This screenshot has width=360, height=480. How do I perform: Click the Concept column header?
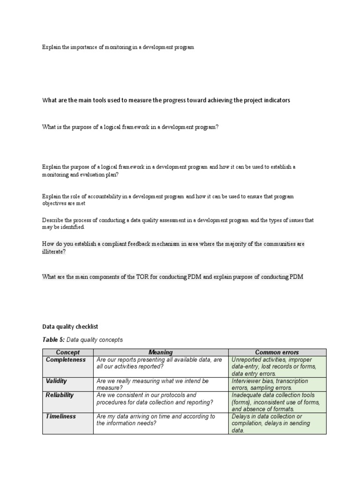[x=67, y=352]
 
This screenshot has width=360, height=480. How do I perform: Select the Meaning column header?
[x=160, y=352]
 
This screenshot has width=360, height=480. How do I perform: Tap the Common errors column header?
[x=277, y=352]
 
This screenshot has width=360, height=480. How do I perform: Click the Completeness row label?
[x=66, y=360]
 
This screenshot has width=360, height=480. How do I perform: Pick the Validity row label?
[x=56, y=381]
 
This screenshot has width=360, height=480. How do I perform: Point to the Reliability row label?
[x=60, y=395]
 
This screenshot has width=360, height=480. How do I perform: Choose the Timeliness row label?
[x=61, y=416]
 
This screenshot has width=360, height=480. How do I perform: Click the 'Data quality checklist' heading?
[x=70, y=326]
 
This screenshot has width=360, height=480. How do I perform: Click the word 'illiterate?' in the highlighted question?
[x=54, y=251]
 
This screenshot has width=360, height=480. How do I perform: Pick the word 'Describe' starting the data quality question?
[x=52, y=220]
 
